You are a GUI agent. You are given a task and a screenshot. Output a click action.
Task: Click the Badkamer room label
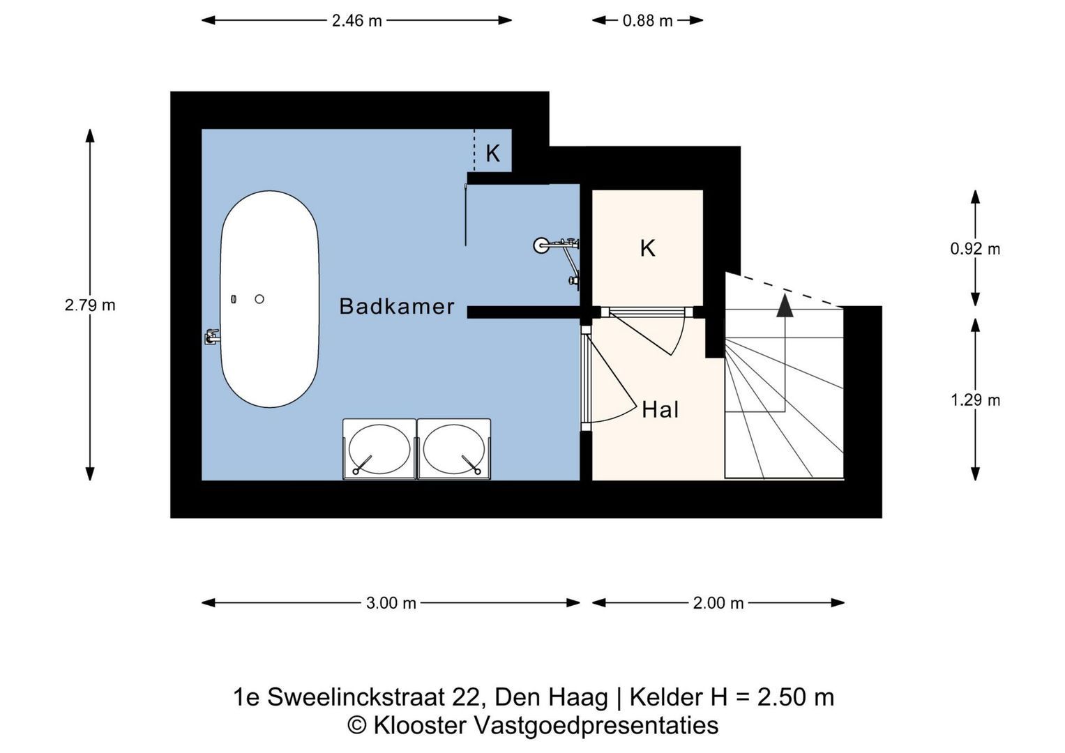(x=397, y=307)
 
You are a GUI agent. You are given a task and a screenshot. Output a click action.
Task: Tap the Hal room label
(x=660, y=410)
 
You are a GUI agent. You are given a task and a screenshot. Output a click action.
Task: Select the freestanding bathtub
(x=270, y=299)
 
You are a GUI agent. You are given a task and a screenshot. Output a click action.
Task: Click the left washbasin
(x=379, y=449)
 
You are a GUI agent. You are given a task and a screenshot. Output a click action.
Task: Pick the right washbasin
(x=453, y=449)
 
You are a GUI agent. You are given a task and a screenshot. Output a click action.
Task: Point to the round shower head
(x=541, y=245)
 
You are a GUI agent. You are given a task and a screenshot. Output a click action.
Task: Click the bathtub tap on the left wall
(x=212, y=337)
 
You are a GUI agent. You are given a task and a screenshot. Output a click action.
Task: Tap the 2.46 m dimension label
(x=356, y=21)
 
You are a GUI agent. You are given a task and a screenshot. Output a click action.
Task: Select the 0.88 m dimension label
(x=647, y=21)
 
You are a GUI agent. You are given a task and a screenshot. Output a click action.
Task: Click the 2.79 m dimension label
(x=90, y=305)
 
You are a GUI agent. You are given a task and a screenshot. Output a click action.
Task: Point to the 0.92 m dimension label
(x=975, y=249)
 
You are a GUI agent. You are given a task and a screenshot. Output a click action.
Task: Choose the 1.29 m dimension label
(x=975, y=400)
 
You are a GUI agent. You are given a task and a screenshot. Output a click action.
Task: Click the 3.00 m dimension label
(x=391, y=603)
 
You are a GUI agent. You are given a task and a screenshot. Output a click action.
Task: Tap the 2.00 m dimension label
(x=718, y=603)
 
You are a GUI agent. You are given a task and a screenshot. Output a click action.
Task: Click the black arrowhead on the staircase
(x=785, y=305)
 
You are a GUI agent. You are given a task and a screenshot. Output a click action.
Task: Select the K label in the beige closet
(x=647, y=248)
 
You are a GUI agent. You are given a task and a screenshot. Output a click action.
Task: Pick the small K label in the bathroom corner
(x=492, y=153)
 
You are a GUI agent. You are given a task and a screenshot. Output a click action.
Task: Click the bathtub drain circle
(x=259, y=299)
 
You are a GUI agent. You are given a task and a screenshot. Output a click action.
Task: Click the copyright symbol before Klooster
(x=357, y=726)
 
